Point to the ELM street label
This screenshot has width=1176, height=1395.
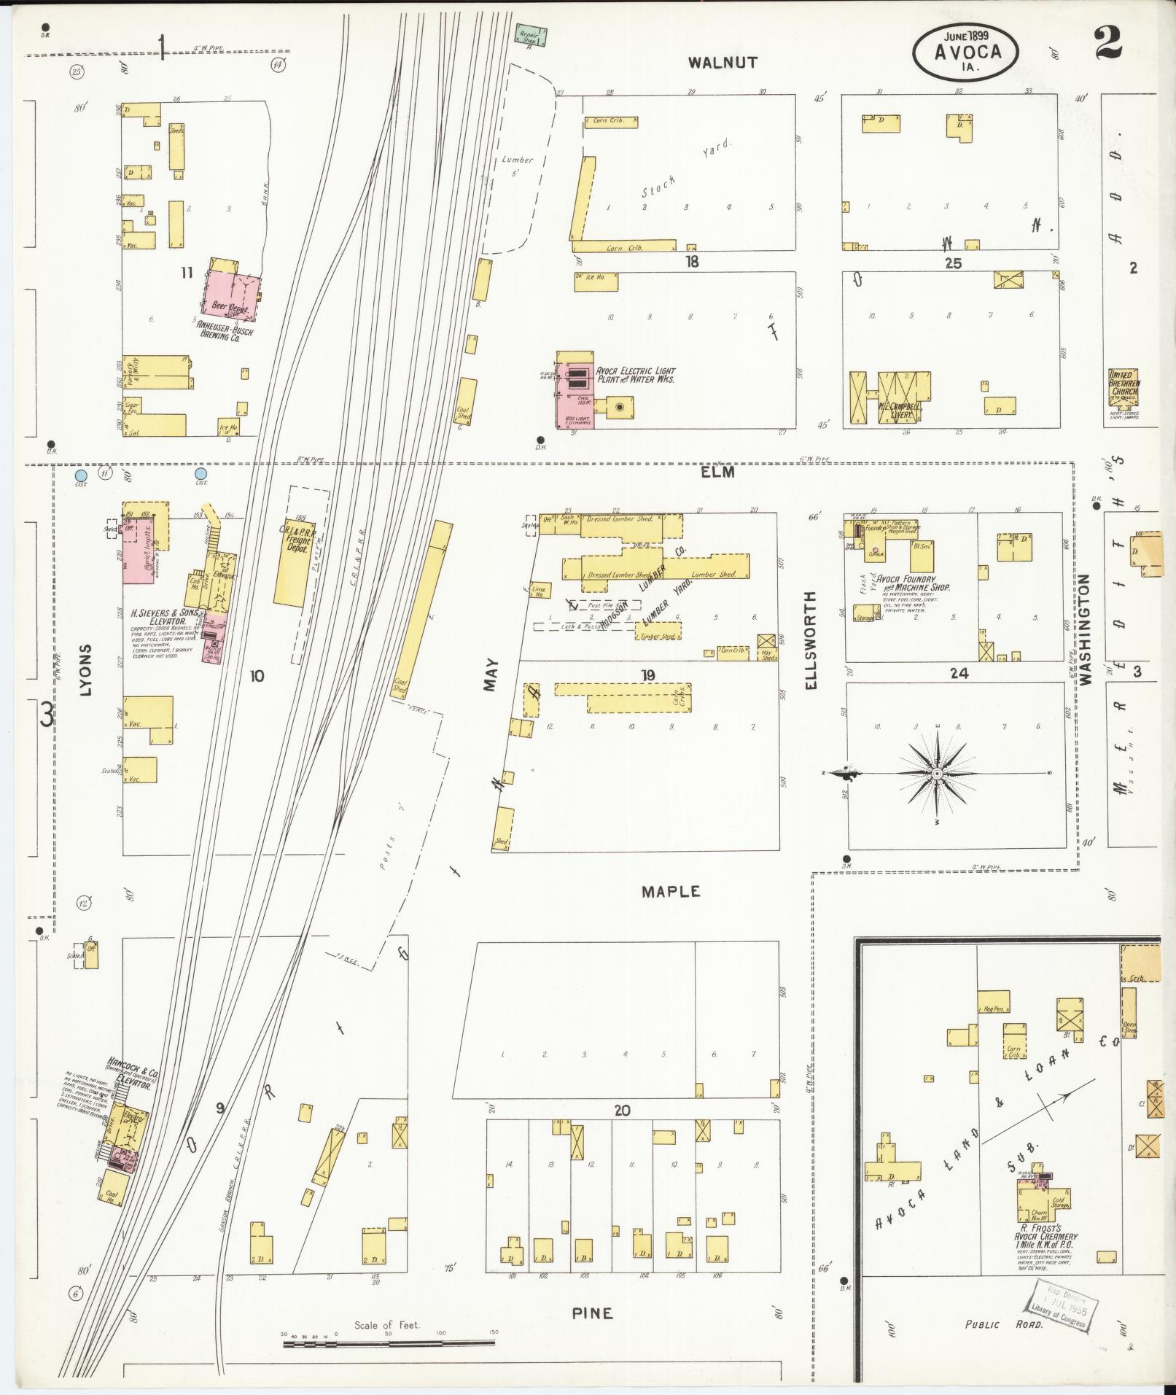tap(718, 472)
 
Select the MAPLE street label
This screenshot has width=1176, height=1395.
tap(671, 891)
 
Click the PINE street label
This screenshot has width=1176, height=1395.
tap(592, 1313)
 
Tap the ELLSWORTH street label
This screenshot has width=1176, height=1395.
tap(812, 640)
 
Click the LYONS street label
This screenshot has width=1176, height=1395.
tap(86, 669)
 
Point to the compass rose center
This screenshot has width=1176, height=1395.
tap(937, 773)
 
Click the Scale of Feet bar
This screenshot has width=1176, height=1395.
tap(388, 1341)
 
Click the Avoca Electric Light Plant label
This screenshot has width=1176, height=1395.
tap(634, 375)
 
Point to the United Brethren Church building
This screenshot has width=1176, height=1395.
tap(1123, 398)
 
